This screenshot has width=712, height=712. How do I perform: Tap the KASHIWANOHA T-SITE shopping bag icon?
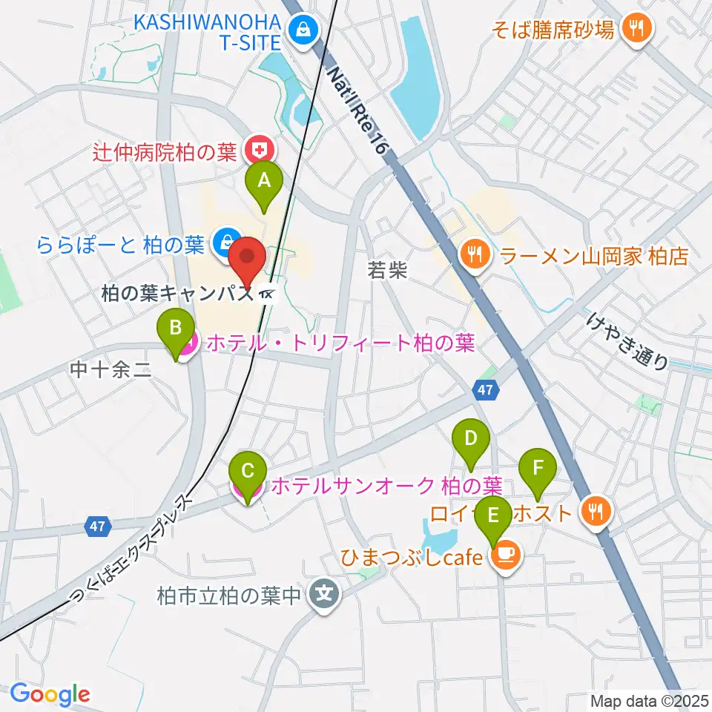point(303,30)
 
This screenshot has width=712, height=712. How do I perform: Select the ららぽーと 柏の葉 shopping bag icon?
point(222,242)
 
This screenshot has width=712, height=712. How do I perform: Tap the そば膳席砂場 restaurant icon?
point(636,29)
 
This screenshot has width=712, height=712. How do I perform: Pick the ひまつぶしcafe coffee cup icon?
point(506,556)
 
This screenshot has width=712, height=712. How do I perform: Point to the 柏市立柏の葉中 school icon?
point(324,594)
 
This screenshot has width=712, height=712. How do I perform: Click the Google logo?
point(50,694)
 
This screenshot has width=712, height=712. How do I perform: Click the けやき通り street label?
point(627,340)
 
